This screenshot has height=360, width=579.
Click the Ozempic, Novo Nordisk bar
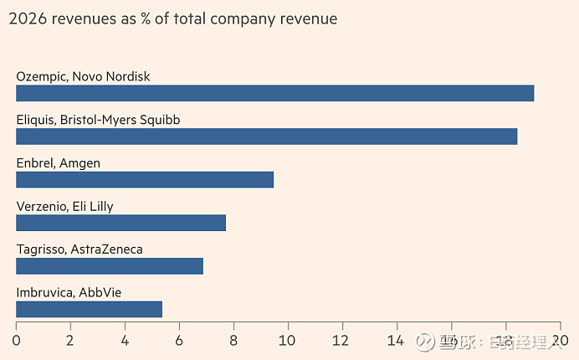coord(274,93)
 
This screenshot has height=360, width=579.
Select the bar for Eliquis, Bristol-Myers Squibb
coord(266,136)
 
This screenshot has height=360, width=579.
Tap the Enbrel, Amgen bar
coord(145,179)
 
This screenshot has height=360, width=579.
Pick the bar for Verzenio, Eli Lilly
coord(120,223)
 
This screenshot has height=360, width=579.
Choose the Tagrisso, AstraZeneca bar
coord(110,266)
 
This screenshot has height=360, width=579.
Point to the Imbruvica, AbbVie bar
coord(89,309)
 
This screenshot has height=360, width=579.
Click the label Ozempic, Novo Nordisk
coord(83,76)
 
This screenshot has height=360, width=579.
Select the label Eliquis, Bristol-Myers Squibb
coord(98,120)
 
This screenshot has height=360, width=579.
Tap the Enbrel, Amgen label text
coord(58,163)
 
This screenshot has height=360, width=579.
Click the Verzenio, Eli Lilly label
coord(64,206)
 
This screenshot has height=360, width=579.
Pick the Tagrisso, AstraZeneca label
coord(79,249)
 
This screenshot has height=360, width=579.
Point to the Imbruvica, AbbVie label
coord(70,292)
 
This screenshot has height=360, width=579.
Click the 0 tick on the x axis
coord(16,341)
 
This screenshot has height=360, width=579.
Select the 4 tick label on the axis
coord(125,341)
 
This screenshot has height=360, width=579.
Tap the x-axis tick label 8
coord(233,341)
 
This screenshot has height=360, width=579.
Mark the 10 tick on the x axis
coord(288,341)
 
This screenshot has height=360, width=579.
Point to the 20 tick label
coord(560,341)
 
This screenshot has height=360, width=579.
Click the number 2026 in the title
coord(27,18)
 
